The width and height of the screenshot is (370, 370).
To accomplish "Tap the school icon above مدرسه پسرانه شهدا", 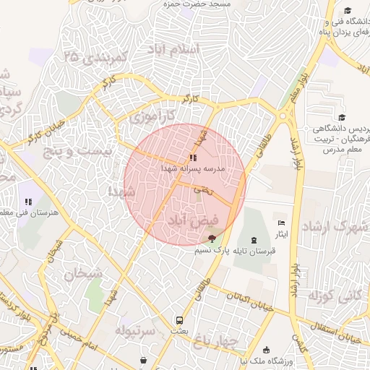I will (x=192, y=157).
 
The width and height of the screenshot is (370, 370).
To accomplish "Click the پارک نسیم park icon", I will (x=211, y=238).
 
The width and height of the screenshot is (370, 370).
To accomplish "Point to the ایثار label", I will (x=282, y=234).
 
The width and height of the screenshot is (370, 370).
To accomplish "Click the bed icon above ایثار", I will (x=281, y=223).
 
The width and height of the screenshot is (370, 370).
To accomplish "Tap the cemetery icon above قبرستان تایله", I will (x=253, y=240).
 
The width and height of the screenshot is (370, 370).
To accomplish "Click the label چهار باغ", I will (x=224, y=340).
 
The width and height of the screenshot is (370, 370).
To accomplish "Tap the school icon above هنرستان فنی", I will (x=28, y=202).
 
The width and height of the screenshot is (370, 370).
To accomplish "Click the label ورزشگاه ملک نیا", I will (x=304, y=360).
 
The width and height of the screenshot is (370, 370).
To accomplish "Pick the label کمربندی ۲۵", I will (x=95, y=56).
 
